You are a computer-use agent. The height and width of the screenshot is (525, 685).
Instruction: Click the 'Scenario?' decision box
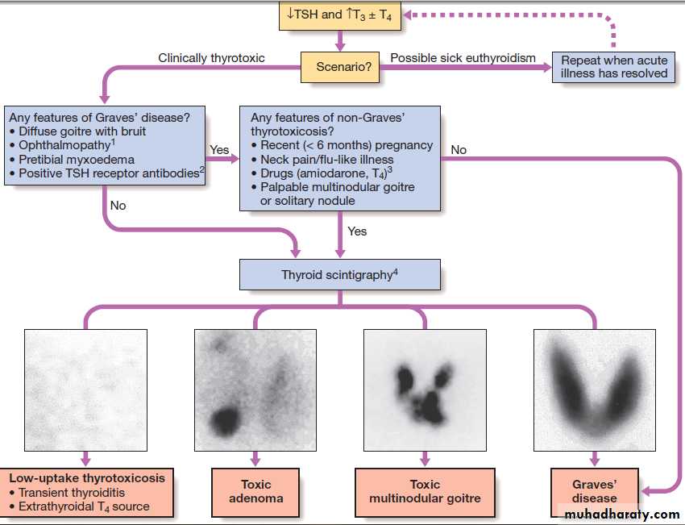(x=340, y=67)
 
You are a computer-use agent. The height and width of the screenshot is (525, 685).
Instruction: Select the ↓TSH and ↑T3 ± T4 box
(x=340, y=16)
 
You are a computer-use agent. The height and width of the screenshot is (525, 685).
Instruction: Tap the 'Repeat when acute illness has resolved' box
(x=613, y=67)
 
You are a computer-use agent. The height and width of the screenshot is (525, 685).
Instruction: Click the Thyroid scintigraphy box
(x=340, y=274)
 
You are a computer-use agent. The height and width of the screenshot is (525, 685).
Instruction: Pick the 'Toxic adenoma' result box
(x=255, y=492)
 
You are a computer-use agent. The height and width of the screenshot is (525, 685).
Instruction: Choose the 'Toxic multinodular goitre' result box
(x=425, y=492)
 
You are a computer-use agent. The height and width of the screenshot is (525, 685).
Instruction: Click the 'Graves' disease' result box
(x=594, y=492)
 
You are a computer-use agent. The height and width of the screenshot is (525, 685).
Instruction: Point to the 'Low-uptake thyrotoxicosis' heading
(x=87, y=478)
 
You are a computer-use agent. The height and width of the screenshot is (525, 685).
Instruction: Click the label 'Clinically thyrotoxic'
(x=211, y=58)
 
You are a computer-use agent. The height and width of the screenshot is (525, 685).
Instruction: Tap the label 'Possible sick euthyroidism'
(x=463, y=58)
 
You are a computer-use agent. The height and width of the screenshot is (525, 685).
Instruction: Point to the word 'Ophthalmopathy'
(x=64, y=145)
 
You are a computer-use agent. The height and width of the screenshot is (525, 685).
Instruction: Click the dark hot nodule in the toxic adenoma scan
(x=226, y=422)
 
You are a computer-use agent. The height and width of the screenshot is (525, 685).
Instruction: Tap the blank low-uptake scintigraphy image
(x=85, y=390)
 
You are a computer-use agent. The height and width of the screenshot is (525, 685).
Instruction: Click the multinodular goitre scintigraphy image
(x=425, y=390)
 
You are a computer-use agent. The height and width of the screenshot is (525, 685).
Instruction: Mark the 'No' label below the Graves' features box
(x=118, y=206)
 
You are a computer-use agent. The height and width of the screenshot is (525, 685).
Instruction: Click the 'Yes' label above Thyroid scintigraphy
(x=357, y=231)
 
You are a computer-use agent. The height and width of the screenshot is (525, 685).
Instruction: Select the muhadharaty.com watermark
(x=622, y=515)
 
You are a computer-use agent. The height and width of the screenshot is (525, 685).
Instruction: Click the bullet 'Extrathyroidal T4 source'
(x=79, y=506)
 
